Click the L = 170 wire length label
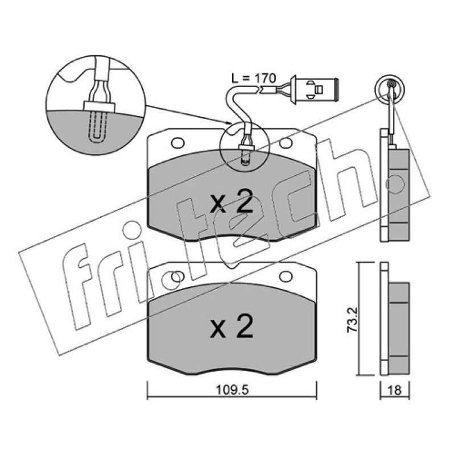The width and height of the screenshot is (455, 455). pyautogui.click(x=253, y=78)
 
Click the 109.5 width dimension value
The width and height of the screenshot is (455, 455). pyautogui.click(x=232, y=390)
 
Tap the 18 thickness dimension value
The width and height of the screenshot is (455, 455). pyautogui.click(x=394, y=390)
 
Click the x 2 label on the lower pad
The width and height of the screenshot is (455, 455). pyautogui.click(x=231, y=326)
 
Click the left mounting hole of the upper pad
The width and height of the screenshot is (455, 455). pyautogui.click(x=177, y=143)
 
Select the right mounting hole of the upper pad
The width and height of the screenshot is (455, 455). pyautogui.click(x=286, y=143)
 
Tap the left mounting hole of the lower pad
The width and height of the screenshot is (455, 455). pyautogui.click(x=177, y=276)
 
